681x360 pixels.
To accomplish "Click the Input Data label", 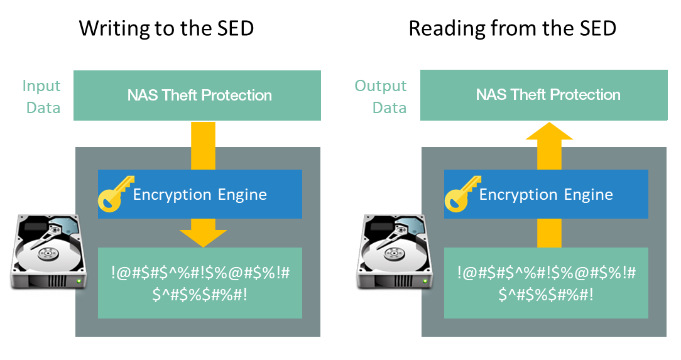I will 42,97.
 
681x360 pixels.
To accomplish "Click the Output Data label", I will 381,97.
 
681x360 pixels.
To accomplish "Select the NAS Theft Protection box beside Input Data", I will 197,95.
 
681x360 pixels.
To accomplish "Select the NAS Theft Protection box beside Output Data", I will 543,95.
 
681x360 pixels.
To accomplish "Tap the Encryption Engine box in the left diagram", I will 200,194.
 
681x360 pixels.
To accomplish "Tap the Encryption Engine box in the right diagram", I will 546,194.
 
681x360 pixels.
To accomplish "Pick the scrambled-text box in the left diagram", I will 200,283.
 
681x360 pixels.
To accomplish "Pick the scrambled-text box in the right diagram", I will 546,283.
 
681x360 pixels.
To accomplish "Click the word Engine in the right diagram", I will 589,195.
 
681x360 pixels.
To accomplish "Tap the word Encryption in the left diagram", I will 172,195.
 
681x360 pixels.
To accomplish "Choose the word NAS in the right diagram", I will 490,95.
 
